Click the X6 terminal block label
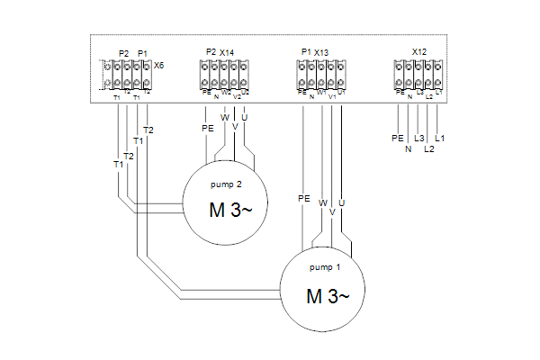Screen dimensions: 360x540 159,66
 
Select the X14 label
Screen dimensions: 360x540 227,52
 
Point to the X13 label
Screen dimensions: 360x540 322,52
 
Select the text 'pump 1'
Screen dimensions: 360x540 325,266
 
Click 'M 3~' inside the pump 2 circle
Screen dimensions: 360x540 226,212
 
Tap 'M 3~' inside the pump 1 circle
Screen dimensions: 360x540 325,295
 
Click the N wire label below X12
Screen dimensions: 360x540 409,148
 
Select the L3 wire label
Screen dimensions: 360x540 419,139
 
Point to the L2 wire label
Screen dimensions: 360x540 429,148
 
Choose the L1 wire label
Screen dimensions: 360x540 439,139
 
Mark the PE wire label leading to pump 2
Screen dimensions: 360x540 208,129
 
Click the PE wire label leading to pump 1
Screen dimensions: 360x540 303,196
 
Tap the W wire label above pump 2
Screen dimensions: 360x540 225,117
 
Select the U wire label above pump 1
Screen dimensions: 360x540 342,203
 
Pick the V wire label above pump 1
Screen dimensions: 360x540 332,212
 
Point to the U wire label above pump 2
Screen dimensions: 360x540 245,117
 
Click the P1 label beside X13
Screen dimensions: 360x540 306,52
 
